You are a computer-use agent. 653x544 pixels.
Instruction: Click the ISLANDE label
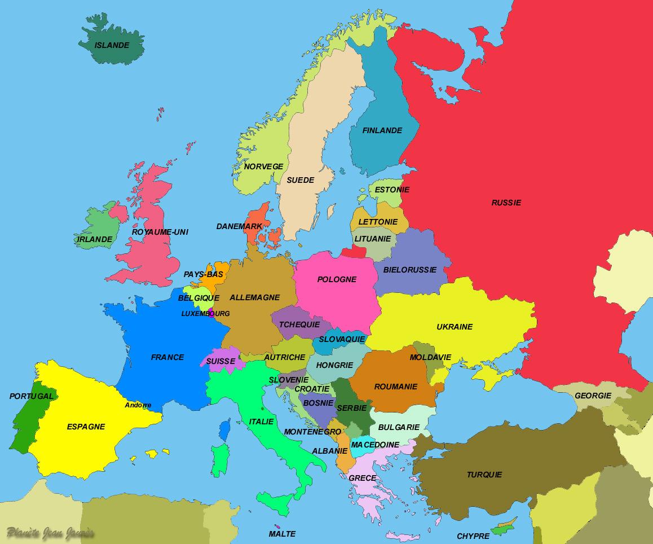click(x=112, y=45)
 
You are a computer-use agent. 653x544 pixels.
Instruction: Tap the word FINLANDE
click(x=382, y=130)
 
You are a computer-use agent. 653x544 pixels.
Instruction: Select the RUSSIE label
click(x=506, y=203)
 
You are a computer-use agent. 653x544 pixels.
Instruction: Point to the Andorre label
click(x=138, y=405)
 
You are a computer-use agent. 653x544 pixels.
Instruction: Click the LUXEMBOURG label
click(x=205, y=314)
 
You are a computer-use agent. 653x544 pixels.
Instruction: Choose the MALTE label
click(x=282, y=534)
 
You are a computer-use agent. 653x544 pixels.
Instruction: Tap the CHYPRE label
click(x=473, y=536)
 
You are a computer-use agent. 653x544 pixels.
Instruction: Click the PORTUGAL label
click(x=32, y=396)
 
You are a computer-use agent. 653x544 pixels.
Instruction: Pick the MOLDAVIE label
click(x=430, y=357)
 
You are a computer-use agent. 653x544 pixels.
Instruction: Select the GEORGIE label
click(x=593, y=396)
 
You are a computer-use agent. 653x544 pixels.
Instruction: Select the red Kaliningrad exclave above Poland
click(x=354, y=252)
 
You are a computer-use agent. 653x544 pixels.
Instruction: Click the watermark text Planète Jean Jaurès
click(x=50, y=533)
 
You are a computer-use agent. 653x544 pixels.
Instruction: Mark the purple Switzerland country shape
click(x=222, y=359)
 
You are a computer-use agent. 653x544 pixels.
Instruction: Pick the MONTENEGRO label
click(x=312, y=432)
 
